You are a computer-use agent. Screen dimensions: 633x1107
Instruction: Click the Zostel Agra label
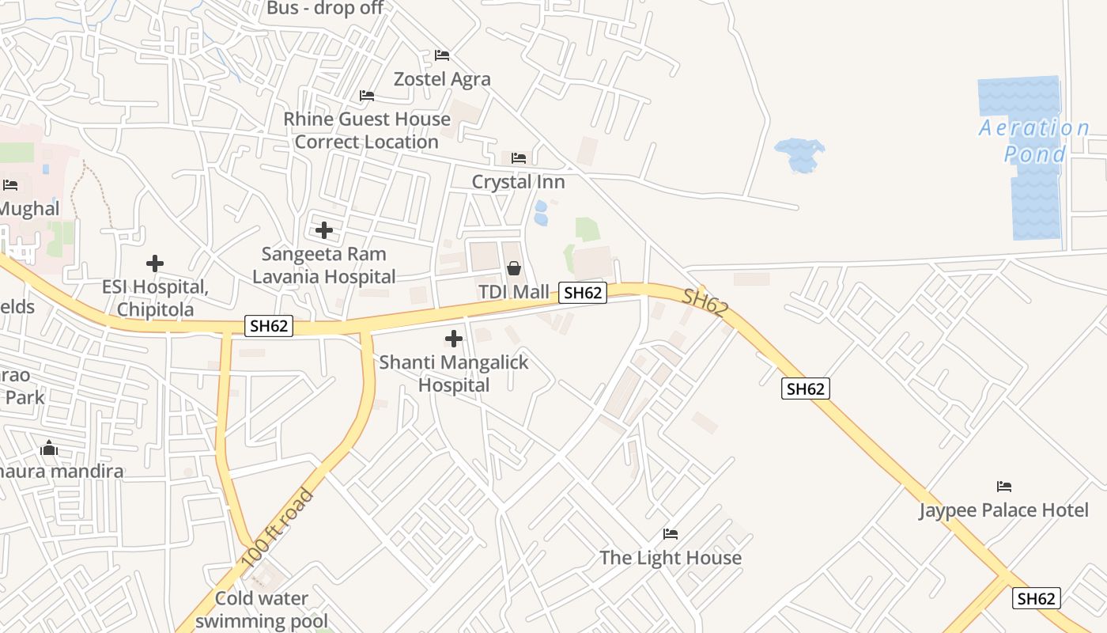[442, 79]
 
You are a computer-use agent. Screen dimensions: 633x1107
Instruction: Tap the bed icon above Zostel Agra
[442, 55]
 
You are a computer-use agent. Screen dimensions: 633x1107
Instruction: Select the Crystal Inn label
[518, 182]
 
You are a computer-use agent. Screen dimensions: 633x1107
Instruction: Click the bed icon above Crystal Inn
[519, 158]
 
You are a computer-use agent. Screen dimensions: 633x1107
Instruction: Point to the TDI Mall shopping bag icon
[514, 268]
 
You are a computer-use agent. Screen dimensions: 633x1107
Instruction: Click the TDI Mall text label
[513, 292]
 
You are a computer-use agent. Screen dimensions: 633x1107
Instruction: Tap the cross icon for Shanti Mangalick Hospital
[454, 339]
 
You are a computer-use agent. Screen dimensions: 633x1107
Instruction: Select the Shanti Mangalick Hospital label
[454, 373]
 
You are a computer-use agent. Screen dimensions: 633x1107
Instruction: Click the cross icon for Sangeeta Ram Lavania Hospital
[324, 230]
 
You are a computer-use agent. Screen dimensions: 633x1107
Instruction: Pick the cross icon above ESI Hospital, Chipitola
[155, 263]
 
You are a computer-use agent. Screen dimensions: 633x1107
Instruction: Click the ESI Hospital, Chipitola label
[155, 298]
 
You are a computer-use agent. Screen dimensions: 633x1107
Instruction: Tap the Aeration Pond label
[1034, 141]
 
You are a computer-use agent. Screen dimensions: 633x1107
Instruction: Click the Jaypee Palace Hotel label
[1003, 510]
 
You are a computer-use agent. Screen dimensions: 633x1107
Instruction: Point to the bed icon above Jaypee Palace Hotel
[1004, 486]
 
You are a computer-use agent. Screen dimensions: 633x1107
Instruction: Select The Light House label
[671, 558]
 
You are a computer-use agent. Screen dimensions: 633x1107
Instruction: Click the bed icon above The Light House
[671, 534]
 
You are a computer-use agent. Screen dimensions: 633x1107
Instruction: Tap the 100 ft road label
[278, 528]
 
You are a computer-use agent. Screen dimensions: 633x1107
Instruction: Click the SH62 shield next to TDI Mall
[583, 293]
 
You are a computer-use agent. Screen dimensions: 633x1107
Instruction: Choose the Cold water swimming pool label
[262, 609]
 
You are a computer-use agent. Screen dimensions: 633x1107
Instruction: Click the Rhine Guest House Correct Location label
[367, 131]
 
